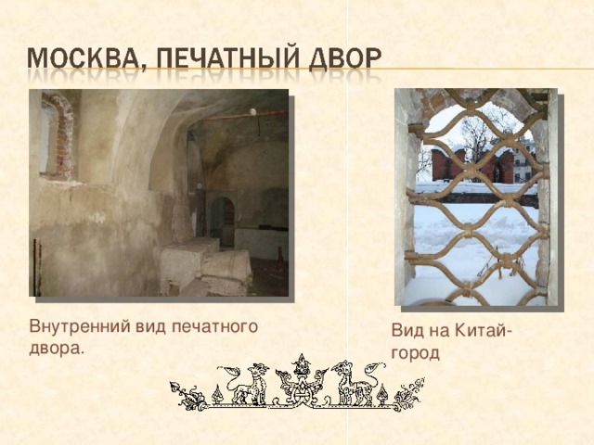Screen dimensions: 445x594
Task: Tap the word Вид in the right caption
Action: pyautogui.click(x=407, y=334)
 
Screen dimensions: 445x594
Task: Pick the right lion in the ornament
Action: pyautogui.click(x=356, y=383)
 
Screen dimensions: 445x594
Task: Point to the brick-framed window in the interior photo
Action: pyautogui.click(x=57, y=137)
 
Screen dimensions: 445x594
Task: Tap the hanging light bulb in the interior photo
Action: pyautogui.click(x=252, y=112)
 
